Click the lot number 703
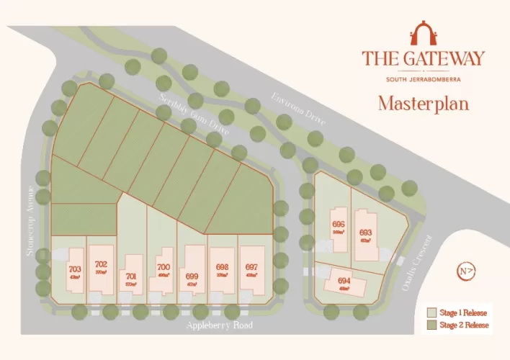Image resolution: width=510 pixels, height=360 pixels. click(x=75, y=270)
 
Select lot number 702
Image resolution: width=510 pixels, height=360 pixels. click(x=101, y=265)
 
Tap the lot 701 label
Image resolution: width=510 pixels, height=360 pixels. click(x=130, y=276)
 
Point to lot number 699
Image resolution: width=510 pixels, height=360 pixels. click(x=192, y=276)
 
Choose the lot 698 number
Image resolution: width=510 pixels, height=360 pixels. click(x=222, y=266)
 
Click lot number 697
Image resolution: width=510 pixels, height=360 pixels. click(x=251, y=267)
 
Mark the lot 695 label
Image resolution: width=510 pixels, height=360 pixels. click(x=339, y=224)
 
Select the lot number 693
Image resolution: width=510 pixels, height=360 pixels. click(x=365, y=233)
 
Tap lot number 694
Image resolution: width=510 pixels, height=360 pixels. click(x=344, y=281)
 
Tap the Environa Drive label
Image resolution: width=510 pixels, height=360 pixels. click(x=298, y=109)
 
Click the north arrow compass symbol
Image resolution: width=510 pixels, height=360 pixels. click(x=466, y=271)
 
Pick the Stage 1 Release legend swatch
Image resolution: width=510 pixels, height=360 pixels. click(x=431, y=313)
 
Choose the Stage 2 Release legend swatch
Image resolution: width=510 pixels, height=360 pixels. click(x=431, y=325)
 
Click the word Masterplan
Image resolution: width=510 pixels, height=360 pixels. click(x=424, y=103)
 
